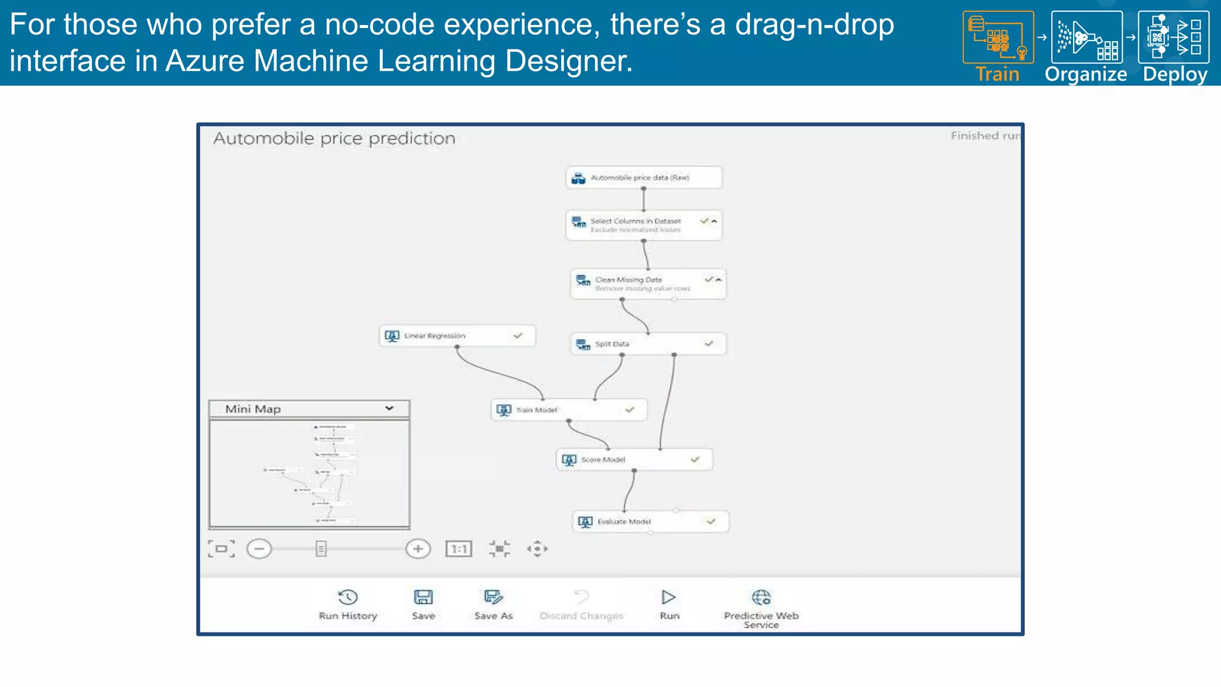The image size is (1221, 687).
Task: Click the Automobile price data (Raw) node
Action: coord(643,178)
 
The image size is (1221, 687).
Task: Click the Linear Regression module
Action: coord(457,336)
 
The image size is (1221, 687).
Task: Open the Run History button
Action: coord(348,604)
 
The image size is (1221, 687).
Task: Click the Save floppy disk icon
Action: coord(423,597)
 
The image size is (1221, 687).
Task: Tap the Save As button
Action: coord(493,604)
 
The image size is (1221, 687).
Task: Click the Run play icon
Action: coord(668,597)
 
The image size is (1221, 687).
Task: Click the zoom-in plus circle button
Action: coord(418,549)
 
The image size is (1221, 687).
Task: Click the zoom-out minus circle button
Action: coord(259,549)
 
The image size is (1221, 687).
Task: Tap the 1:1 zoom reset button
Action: coord(458,549)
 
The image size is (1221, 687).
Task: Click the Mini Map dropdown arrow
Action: coord(389,409)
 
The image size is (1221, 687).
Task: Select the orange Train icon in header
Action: coord(998,38)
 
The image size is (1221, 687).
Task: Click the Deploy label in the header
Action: coord(1174,75)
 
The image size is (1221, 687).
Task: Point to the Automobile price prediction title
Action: coord(334,138)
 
